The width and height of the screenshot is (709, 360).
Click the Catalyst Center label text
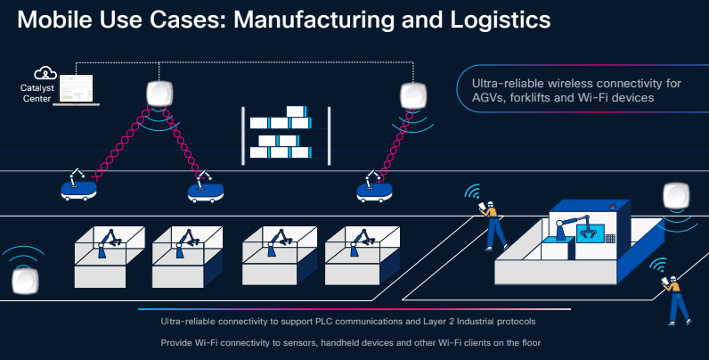(x=37, y=94)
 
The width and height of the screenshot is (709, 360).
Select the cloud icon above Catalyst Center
(x=45, y=73)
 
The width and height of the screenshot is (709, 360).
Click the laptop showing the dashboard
(x=76, y=89)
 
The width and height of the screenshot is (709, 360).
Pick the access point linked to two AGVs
(x=159, y=94)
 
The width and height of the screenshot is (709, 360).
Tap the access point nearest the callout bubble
(x=413, y=96)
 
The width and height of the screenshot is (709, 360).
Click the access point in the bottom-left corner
(x=25, y=281)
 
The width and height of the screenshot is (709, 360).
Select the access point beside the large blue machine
(x=676, y=196)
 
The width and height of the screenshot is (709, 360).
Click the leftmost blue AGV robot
(x=78, y=185)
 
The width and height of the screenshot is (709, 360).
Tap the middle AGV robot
(x=206, y=187)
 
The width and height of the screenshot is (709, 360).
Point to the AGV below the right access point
(x=374, y=187)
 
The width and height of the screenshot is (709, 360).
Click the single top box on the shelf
(x=297, y=111)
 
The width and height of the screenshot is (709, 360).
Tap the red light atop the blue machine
(x=613, y=208)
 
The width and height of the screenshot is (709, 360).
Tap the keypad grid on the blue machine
(x=610, y=238)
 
